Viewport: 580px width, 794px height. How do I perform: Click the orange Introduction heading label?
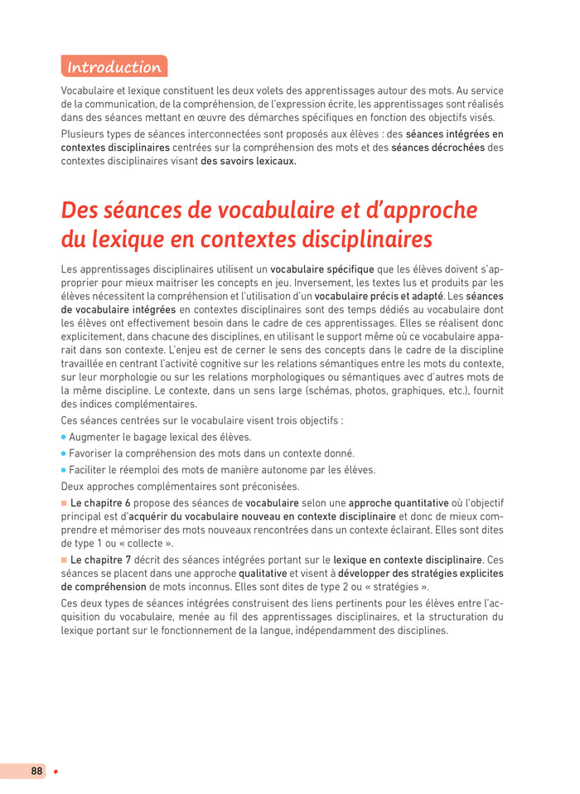[114, 67]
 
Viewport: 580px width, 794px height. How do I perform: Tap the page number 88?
[36, 771]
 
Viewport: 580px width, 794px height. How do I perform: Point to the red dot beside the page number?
[56, 772]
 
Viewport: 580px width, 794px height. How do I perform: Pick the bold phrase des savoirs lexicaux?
[248, 161]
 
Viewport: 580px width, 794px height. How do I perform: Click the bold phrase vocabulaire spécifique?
[322, 269]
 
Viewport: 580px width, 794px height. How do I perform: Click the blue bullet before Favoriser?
[64, 453]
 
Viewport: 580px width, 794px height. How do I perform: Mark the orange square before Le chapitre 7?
[64, 559]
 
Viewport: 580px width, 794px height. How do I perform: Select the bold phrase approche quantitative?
[399, 503]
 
